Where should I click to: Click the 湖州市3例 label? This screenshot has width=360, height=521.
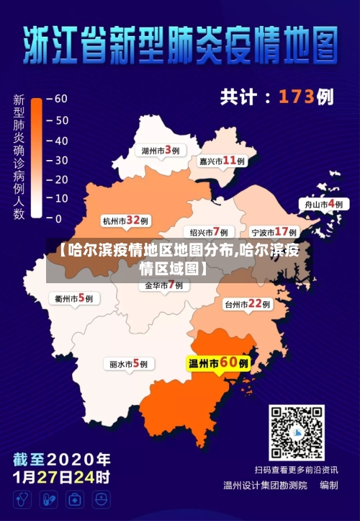coord(160,151)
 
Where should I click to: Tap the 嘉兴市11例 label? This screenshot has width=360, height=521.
coord(222,161)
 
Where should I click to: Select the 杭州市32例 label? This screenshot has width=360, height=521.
coord(125,221)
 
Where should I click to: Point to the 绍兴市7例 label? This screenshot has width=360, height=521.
coord(210,232)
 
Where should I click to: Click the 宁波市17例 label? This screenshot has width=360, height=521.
coord(274,232)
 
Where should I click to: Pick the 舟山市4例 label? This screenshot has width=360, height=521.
coord(323,204)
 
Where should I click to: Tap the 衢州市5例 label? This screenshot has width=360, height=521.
coord(74,297)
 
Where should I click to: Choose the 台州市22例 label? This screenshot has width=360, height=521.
coord(247,304)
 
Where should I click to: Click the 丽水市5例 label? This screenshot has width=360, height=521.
coord(129,364)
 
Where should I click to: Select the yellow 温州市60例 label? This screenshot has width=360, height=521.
coord(218,363)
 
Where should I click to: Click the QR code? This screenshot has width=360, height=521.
coord(297,432)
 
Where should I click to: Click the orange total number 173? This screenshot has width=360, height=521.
coord(297,96)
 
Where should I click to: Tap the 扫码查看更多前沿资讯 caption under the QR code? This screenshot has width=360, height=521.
coord(296,470)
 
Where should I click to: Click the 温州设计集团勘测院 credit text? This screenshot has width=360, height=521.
coord(265,485)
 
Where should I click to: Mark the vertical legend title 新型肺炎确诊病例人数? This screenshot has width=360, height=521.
coord(19,156)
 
